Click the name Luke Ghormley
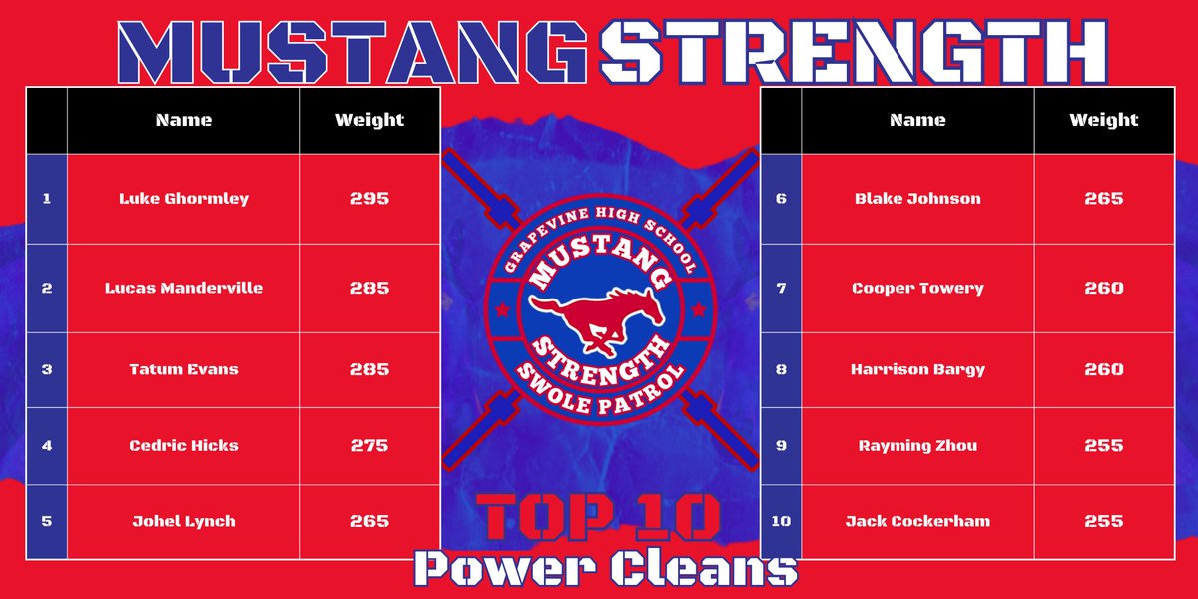[x=184, y=198]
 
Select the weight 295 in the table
[x=369, y=198]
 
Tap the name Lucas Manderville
[x=184, y=288]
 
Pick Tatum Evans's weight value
[x=369, y=369]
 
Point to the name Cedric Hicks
[x=184, y=445]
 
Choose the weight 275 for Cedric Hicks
[x=369, y=445]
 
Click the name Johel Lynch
[x=184, y=521]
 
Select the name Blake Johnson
[x=917, y=198]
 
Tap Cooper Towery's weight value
[x=1103, y=288]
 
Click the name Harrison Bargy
[x=917, y=369]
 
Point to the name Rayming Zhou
[x=917, y=445]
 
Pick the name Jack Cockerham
[x=917, y=521]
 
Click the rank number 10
[x=781, y=521]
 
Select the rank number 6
[x=781, y=198]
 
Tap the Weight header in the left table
[x=369, y=120]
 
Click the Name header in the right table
[x=917, y=120]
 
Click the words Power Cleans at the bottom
[x=606, y=567]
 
